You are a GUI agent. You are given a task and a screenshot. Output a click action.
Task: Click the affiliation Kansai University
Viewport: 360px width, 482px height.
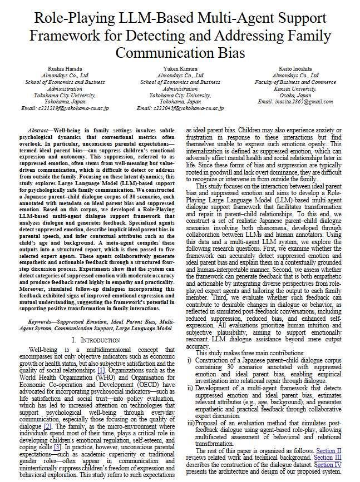point(295,88)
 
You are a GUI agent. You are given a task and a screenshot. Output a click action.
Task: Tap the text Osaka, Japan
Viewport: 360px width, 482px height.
point(295,95)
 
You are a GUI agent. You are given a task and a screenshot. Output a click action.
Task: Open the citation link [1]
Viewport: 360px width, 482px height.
point(101,370)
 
